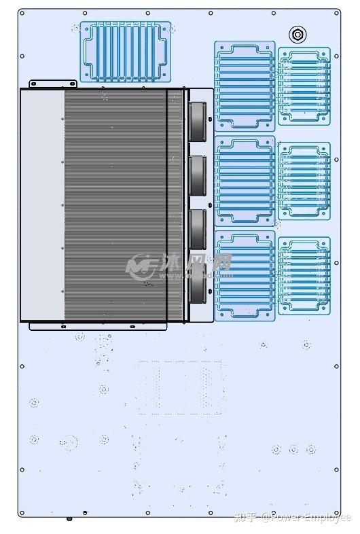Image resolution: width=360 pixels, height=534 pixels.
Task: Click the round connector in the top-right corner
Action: [x=298, y=34]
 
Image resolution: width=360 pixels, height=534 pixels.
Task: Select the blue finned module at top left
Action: [x=126, y=52]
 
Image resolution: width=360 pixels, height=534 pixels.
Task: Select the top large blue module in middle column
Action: [x=245, y=86]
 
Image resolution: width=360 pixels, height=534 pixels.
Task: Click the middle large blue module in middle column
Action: [x=245, y=181]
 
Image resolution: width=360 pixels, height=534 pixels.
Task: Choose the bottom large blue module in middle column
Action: [x=245, y=275]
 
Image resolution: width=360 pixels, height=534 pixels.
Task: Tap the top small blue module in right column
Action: [x=304, y=86]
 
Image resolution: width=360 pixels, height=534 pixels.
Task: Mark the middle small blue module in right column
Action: [x=304, y=181]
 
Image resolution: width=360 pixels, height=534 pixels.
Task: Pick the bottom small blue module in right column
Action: [x=304, y=276]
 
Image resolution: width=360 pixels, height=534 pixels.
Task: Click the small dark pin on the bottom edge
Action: [x=69, y=519]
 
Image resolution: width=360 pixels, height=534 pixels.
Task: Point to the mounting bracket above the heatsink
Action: [x=52, y=84]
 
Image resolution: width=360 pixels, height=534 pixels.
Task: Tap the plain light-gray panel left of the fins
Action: [x=42, y=204]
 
